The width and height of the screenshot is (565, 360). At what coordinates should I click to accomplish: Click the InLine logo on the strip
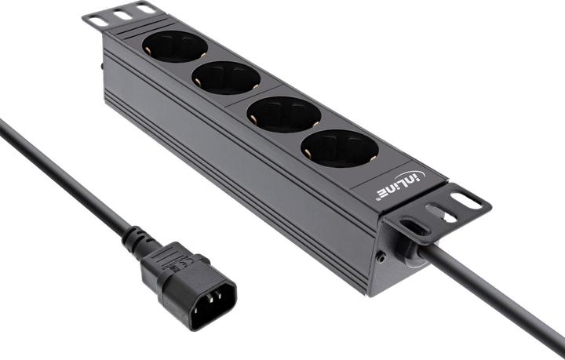[398, 186]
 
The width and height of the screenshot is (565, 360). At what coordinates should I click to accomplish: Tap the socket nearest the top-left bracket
[174, 47]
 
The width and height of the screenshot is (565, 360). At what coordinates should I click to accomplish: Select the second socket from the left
[225, 77]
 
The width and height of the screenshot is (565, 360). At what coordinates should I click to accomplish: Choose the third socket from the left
[283, 114]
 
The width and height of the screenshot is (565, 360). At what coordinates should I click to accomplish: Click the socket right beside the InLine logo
[339, 147]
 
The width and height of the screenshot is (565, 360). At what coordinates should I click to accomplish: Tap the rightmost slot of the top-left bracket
[146, 8]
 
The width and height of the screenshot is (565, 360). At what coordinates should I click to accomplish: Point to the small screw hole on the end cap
[381, 256]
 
